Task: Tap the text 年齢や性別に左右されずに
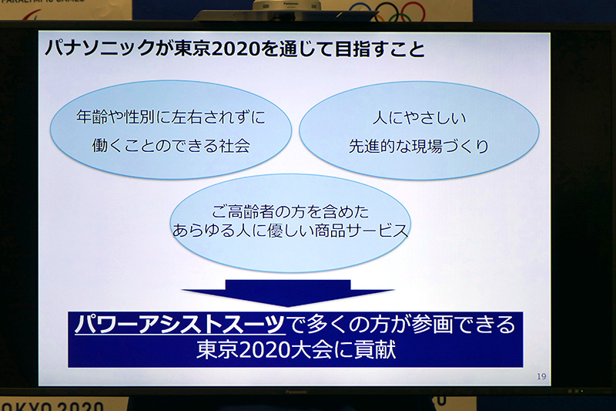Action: click(170, 117)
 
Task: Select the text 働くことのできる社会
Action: click(170, 146)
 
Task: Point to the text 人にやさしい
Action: click(419, 118)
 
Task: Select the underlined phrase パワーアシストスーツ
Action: click(179, 325)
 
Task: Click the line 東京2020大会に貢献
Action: click(295, 351)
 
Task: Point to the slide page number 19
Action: click(541, 376)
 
